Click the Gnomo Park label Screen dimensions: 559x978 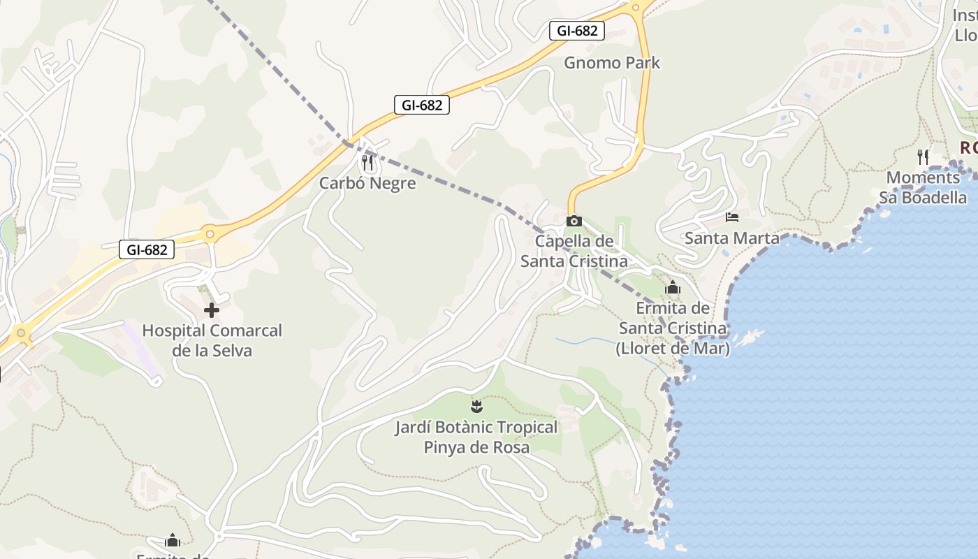(x=612, y=63)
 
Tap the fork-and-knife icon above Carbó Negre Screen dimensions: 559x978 (x=367, y=164)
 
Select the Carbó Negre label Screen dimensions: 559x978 (x=367, y=183)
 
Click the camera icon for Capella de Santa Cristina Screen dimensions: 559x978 (x=574, y=221)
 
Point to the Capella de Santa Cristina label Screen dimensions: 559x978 (x=574, y=252)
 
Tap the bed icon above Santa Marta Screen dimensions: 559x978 (x=732, y=217)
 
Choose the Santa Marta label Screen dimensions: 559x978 (x=732, y=238)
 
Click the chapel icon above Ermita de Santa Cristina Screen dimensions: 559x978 (x=673, y=287)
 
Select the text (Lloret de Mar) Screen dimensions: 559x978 (x=673, y=348)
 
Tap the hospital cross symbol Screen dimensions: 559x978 (x=212, y=310)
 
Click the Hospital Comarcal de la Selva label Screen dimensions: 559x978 (x=212, y=340)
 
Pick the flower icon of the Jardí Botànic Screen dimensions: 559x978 (x=476, y=406)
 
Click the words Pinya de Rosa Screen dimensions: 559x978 (x=476, y=447)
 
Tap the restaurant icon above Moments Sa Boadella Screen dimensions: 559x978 (x=923, y=157)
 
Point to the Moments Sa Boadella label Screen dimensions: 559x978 (x=923, y=187)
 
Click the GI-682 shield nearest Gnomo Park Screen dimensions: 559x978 (x=577, y=31)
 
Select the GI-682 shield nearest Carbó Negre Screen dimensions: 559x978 (x=422, y=105)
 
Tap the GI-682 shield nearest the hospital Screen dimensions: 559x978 (x=147, y=249)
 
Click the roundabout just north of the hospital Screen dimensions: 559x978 (x=209, y=234)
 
